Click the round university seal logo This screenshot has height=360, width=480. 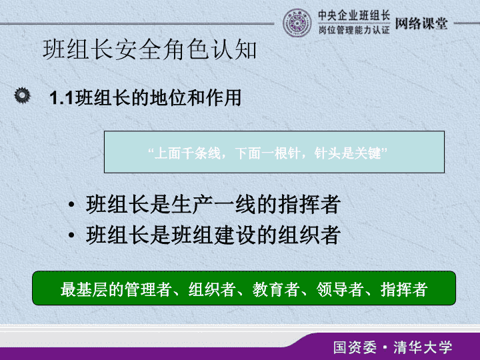[x=297, y=23]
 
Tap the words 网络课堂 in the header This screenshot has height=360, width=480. [x=421, y=23]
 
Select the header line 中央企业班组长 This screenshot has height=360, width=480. [x=354, y=15]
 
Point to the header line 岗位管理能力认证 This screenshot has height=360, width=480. [x=354, y=30]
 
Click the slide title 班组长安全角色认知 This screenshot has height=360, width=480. [x=150, y=49]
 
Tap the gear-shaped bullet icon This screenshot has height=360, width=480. [x=23, y=95]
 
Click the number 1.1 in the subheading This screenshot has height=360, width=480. [x=61, y=98]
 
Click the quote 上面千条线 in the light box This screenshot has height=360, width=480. [x=187, y=153]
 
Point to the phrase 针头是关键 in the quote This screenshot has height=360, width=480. [x=347, y=153]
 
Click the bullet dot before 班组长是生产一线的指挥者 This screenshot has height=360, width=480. [x=71, y=204]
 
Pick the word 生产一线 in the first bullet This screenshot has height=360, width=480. [x=214, y=204]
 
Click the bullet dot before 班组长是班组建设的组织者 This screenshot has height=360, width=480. [x=71, y=235]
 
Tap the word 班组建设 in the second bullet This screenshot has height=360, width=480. [x=214, y=235]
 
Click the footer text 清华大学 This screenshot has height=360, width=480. [x=423, y=347]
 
